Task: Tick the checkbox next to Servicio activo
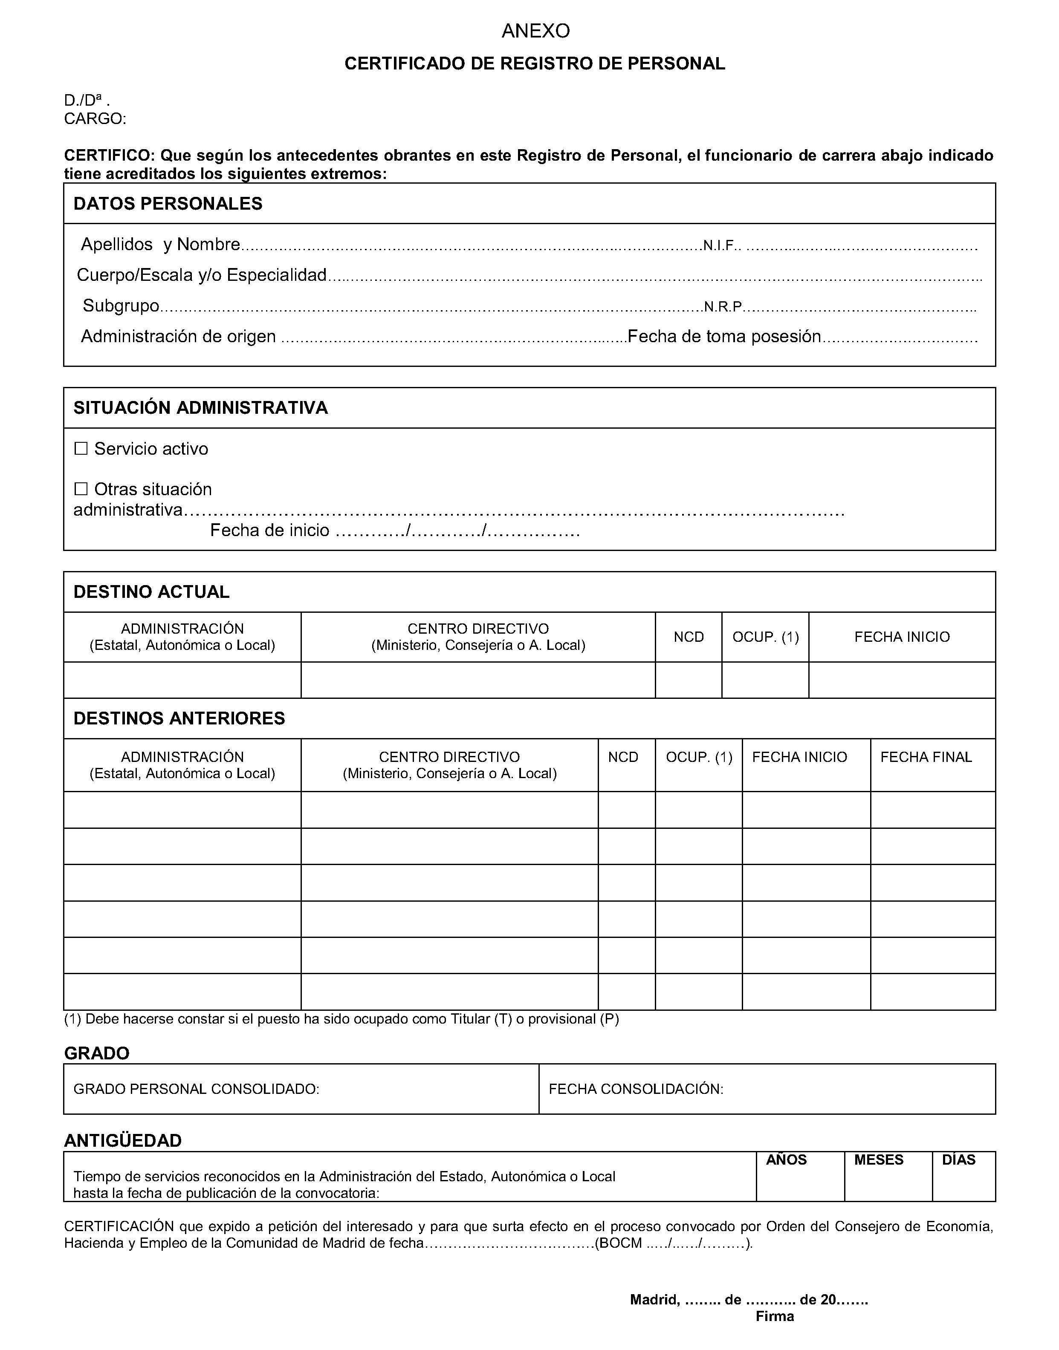pyautogui.click(x=81, y=448)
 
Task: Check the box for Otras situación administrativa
pyautogui.click(x=81, y=489)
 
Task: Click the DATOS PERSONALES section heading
pyautogui.click(x=168, y=204)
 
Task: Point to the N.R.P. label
pyautogui.click(x=723, y=307)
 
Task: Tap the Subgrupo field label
pyautogui.click(x=121, y=306)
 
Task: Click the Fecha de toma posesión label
pyautogui.click(x=724, y=337)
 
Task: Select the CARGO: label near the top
pyautogui.click(x=95, y=119)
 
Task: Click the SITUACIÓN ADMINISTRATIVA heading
pyautogui.click(x=200, y=408)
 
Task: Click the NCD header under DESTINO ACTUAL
pyautogui.click(x=689, y=637)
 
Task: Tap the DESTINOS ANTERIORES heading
pyautogui.click(x=179, y=718)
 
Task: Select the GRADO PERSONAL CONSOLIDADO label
pyautogui.click(x=196, y=1089)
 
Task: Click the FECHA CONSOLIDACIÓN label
pyautogui.click(x=636, y=1089)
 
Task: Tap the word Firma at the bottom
pyautogui.click(x=774, y=1316)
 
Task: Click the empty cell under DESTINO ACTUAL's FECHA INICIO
pyautogui.click(x=902, y=680)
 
